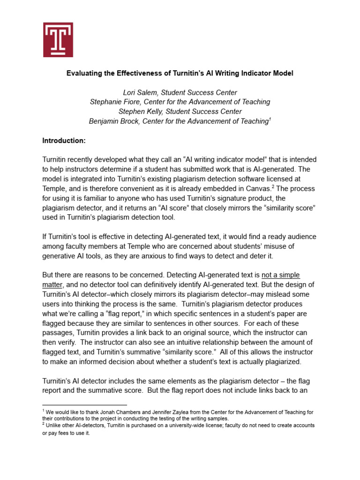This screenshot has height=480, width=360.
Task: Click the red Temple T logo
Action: pyautogui.click(x=58, y=40)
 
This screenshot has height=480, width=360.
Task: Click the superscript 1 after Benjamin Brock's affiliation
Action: pyautogui.click(x=269, y=120)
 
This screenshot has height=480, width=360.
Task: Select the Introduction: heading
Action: pyautogui.click(x=64, y=141)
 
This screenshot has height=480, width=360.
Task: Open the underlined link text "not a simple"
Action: pyautogui.click(x=280, y=275)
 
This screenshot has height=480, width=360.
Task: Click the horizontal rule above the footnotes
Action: pyautogui.click(x=84, y=405)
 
